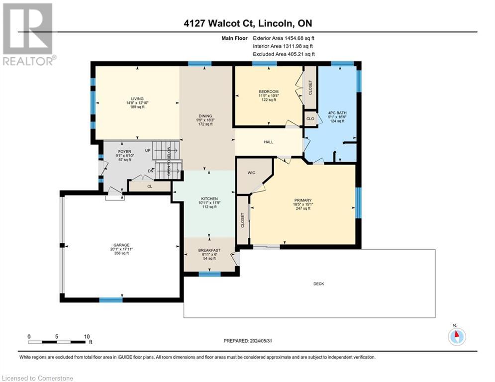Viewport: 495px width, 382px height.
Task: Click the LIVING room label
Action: point(137,98)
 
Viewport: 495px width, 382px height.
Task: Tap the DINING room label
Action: point(205,116)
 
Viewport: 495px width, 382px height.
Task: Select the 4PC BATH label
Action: point(337,113)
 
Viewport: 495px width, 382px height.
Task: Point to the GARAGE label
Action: point(121,245)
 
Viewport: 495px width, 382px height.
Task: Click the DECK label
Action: point(318,284)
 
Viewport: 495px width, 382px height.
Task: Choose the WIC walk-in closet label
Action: point(251,173)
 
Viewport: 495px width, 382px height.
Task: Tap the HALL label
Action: point(269,142)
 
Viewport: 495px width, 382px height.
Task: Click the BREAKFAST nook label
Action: point(209,250)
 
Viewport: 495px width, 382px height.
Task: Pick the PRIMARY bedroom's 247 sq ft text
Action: point(303,208)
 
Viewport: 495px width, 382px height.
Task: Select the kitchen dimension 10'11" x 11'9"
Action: point(209,202)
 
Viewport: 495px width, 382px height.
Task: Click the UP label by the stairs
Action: point(148,151)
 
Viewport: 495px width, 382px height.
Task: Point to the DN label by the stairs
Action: point(151,171)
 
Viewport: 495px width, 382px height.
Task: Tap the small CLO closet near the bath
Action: point(310,119)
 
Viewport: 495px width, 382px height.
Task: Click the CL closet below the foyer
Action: point(150,186)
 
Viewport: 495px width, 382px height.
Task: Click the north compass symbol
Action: point(457,336)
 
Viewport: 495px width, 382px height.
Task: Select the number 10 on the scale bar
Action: point(87,337)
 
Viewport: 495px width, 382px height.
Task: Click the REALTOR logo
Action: point(28,34)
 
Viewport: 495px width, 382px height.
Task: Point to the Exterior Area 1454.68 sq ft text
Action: point(284,38)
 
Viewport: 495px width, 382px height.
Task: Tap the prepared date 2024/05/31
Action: point(261,341)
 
